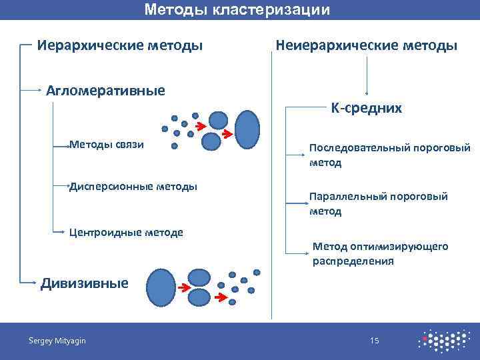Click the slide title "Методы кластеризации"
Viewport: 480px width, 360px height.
[237, 10]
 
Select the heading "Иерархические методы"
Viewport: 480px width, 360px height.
[120, 46]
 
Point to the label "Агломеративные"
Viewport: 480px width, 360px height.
[105, 90]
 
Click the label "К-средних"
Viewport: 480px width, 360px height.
[366, 108]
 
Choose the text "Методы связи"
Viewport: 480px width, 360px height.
[107, 144]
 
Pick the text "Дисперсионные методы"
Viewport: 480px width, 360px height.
[133, 186]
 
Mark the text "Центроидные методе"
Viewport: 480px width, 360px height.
[126, 232]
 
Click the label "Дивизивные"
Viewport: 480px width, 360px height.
[85, 283]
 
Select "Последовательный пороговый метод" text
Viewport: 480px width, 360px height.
[389, 155]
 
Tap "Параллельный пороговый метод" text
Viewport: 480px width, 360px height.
[378, 204]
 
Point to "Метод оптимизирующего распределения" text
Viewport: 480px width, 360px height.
[380, 254]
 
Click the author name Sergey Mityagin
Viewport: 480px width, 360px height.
[57, 341]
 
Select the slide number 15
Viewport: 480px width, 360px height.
[374, 341]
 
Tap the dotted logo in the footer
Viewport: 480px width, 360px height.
[442, 341]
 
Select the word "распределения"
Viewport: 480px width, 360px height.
[353, 261]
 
